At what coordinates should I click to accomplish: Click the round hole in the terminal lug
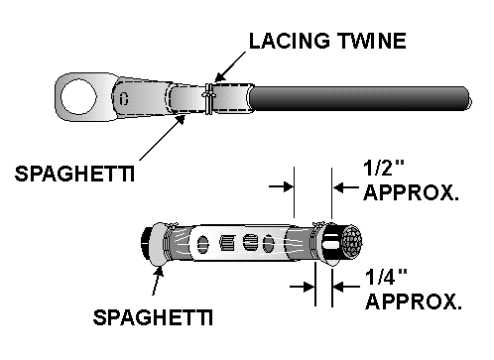point(79,97)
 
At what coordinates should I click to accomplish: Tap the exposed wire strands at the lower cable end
point(348,242)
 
